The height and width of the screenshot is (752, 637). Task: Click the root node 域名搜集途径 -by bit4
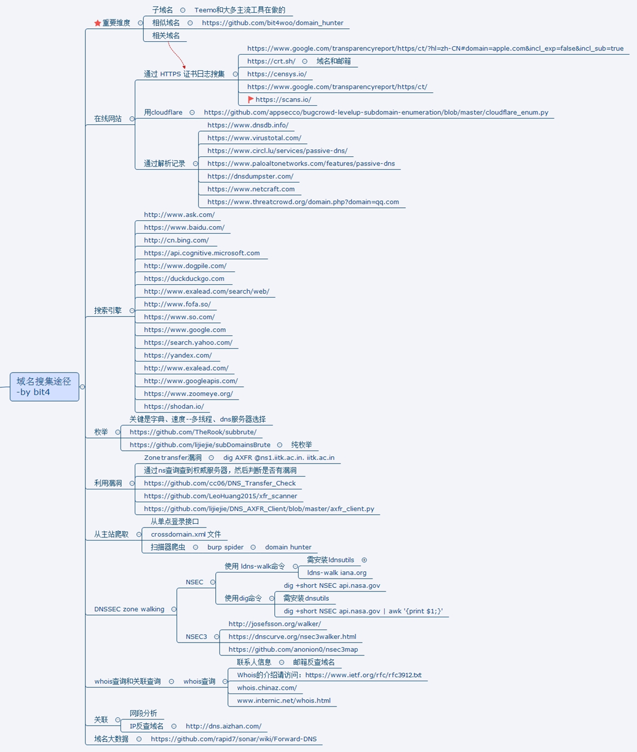click(44, 387)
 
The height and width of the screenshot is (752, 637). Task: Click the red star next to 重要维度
click(97, 23)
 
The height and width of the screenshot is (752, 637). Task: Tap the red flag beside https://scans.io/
click(251, 100)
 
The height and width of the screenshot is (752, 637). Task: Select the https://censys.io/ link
click(277, 74)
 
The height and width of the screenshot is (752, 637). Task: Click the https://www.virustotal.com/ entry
click(254, 138)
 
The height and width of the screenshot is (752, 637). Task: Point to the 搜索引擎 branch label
click(108, 311)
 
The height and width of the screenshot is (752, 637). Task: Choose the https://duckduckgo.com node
click(184, 279)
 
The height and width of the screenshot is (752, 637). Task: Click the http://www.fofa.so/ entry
click(177, 304)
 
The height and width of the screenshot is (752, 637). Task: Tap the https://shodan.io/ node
click(173, 406)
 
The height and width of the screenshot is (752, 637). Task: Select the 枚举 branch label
click(101, 432)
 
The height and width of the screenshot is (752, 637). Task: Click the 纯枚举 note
click(301, 445)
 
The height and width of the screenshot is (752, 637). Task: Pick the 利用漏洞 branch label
click(108, 483)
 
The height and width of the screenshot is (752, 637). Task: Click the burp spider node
click(225, 547)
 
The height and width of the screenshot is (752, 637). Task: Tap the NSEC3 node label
click(196, 637)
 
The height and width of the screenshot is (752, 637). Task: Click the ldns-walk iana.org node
click(336, 573)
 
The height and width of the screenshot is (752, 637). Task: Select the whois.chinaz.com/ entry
click(267, 688)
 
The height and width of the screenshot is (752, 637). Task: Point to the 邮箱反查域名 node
click(314, 662)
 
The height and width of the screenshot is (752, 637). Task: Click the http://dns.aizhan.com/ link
click(223, 726)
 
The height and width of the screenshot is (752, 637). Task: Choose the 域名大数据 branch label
click(111, 739)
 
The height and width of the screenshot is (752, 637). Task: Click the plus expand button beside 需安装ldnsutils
click(364, 560)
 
